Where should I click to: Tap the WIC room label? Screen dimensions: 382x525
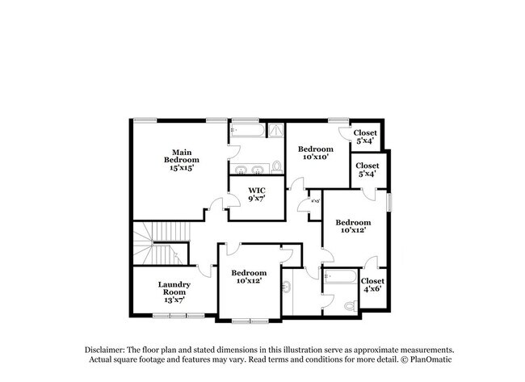pos(257,191)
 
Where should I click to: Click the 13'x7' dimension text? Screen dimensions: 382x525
pos(173,300)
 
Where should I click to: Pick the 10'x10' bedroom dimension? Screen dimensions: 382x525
pos(315,157)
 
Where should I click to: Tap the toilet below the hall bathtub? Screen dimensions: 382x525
pos(349,307)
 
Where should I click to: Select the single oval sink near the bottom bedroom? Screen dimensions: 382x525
pos(288,288)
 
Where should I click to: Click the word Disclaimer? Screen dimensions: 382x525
pos(108,349)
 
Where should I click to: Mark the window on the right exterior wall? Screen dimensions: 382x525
pos(388,201)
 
